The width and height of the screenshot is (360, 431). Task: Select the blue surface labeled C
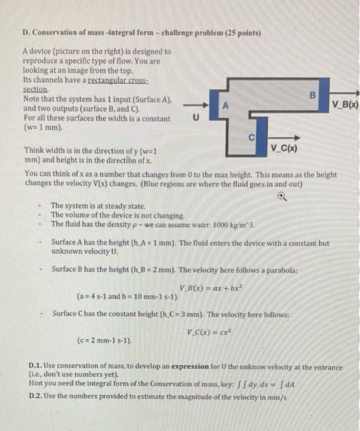click(250, 138)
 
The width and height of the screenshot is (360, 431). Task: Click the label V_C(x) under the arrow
click(284, 148)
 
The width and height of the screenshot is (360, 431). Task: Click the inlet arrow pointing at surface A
click(196, 107)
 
